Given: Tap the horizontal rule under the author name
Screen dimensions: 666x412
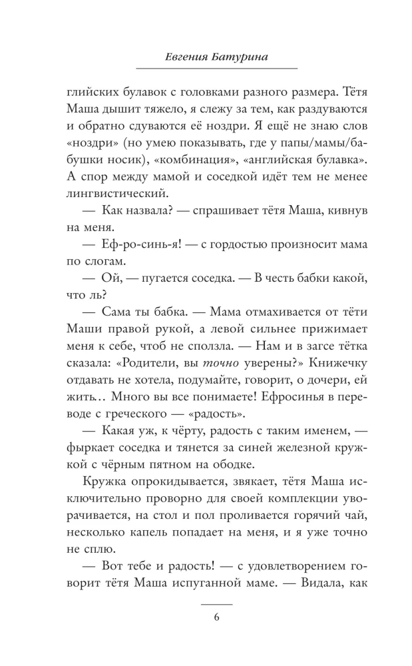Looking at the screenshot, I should point(217,68).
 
